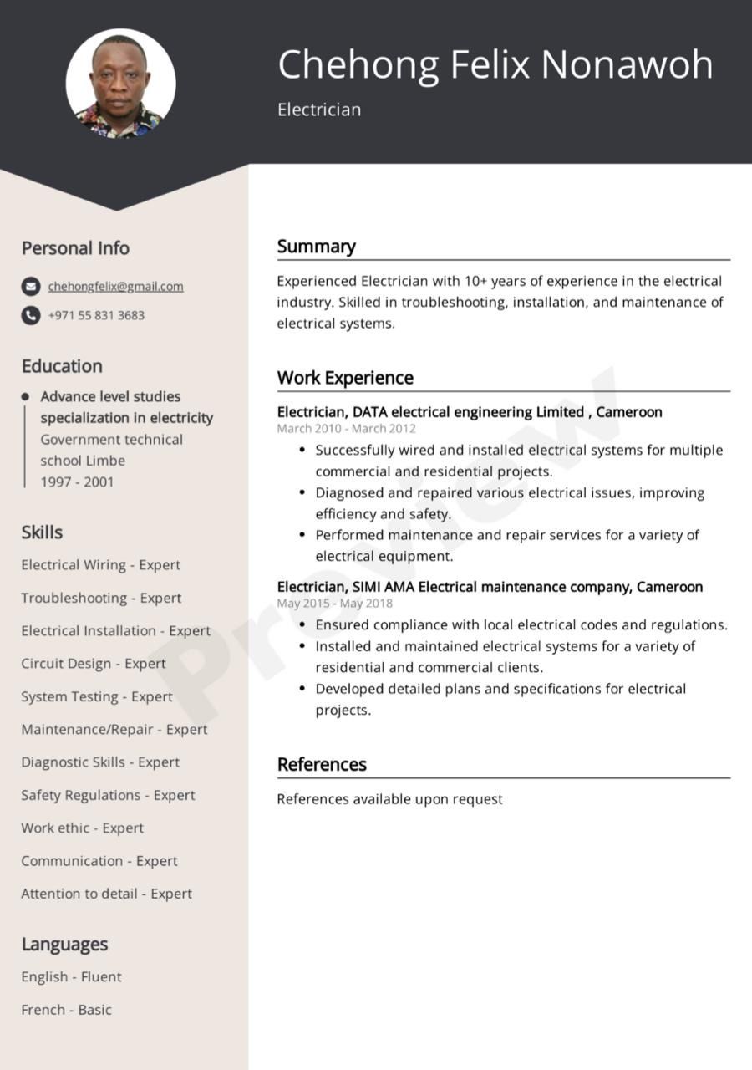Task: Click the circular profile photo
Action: (x=120, y=84)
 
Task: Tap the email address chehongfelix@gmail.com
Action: (x=115, y=287)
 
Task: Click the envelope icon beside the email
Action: (x=31, y=287)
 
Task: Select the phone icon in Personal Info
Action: (x=31, y=315)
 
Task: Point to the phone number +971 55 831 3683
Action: (x=96, y=315)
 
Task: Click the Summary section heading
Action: (x=316, y=247)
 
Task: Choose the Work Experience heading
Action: (x=345, y=378)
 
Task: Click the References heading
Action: (x=322, y=764)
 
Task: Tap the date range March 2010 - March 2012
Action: (x=346, y=429)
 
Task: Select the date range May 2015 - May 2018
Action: (x=334, y=604)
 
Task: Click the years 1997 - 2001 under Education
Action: (x=77, y=481)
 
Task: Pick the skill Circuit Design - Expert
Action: (x=94, y=664)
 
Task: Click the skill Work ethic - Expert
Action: (x=82, y=828)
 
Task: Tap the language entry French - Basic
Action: (x=66, y=1010)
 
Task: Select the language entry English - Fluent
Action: (x=71, y=976)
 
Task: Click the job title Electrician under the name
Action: (x=319, y=110)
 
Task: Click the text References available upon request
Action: (x=389, y=799)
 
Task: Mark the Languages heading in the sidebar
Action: (x=64, y=945)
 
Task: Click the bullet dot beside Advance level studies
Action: (x=25, y=396)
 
